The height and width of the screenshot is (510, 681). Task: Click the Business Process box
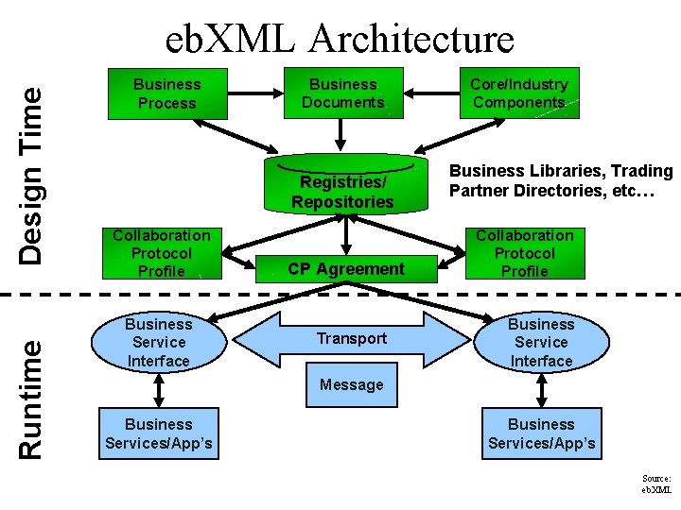pyautogui.click(x=167, y=93)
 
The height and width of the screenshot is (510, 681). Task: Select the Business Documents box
pyautogui.click(x=343, y=93)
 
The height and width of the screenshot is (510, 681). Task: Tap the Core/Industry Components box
pyautogui.click(x=519, y=93)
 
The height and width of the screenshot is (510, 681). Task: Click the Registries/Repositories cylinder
pyautogui.click(x=346, y=184)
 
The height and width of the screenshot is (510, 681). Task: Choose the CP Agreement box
pyautogui.click(x=346, y=269)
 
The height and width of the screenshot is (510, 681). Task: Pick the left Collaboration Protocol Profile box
pyautogui.click(x=162, y=253)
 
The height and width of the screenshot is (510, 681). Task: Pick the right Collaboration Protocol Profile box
pyautogui.click(x=525, y=253)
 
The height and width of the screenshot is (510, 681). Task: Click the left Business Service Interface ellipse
pyautogui.click(x=159, y=342)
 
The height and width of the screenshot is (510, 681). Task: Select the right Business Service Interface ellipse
pyautogui.click(x=542, y=342)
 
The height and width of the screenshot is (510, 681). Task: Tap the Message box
pyautogui.click(x=352, y=385)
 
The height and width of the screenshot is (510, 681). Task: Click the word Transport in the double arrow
pyautogui.click(x=352, y=338)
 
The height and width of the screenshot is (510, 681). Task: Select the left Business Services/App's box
pyautogui.click(x=159, y=433)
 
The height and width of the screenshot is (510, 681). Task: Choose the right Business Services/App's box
pyautogui.click(x=542, y=433)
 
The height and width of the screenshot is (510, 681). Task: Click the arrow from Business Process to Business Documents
pyautogui.click(x=255, y=93)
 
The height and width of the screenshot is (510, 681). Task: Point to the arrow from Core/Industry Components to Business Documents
pyautogui.click(x=431, y=93)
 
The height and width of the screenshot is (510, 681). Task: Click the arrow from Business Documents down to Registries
pyautogui.click(x=340, y=135)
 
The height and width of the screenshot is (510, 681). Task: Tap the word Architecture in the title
pyautogui.click(x=412, y=39)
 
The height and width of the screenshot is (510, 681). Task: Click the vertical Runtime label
pyautogui.click(x=30, y=399)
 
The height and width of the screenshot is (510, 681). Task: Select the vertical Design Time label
pyautogui.click(x=30, y=176)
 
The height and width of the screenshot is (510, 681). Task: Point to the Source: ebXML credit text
pyautogui.click(x=656, y=484)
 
